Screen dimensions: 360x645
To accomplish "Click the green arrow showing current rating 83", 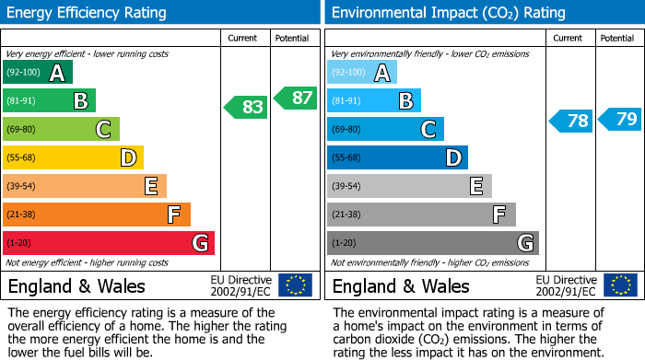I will tap(246, 107).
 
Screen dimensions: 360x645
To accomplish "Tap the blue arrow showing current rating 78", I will tap(571, 121).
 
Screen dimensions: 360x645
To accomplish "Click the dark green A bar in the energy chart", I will tap(38, 73).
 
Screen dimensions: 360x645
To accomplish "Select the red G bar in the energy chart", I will tap(109, 243).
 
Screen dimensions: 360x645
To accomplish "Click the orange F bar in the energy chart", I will tap(97, 215).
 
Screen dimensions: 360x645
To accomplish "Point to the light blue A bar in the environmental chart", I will tap(362, 73).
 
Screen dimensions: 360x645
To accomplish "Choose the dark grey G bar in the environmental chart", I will tap(433, 243).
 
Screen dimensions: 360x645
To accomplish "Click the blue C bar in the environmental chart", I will tap(385, 130).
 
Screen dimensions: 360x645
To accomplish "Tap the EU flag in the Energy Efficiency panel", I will tap(295, 285).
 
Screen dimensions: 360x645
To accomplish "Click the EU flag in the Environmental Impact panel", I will tap(622, 285).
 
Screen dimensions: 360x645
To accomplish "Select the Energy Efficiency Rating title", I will tap(88, 13).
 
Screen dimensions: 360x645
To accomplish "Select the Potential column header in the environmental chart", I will tap(617, 39).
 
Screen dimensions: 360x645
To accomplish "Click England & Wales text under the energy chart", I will tap(73, 285).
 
